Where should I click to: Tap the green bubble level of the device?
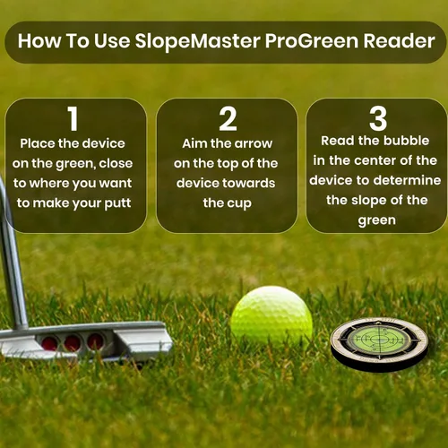click(379, 339)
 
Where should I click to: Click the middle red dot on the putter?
click(73, 342)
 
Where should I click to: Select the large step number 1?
click(73, 118)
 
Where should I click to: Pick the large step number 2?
click(228, 119)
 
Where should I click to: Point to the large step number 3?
click(378, 118)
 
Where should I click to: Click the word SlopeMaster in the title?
click(197, 41)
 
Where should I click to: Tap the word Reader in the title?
click(399, 41)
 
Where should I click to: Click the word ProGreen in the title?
click(312, 41)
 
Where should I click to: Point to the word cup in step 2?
click(240, 204)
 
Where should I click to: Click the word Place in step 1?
click(38, 143)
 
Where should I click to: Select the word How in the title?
click(39, 41)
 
